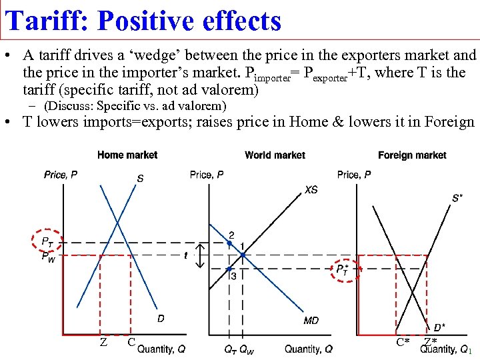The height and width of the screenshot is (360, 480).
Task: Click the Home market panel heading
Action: coord(127,155)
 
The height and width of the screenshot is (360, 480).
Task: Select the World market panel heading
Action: coord(275,155)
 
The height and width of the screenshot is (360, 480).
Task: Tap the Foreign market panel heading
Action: coord(412,155)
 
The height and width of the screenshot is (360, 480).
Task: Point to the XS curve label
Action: coord(311,190)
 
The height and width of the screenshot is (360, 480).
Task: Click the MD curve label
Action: coord(311,321)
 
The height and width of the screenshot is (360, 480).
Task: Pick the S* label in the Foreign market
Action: coord(457,198)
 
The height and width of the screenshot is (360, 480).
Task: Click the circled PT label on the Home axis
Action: coord(47,241)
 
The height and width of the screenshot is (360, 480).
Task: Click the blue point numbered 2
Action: coord(229,244)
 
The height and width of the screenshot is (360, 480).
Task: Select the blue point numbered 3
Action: coord(229,269)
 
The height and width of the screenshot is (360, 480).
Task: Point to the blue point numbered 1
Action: coord(243,255)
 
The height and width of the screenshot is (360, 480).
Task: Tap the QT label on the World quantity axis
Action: coord(230,349)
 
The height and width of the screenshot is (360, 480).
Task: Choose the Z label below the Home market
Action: coord(103,342)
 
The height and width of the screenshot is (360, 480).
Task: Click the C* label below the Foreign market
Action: coord(403,343)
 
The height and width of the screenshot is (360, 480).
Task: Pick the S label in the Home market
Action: coord(140,178)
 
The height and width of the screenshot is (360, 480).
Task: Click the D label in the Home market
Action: coord(161,319)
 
